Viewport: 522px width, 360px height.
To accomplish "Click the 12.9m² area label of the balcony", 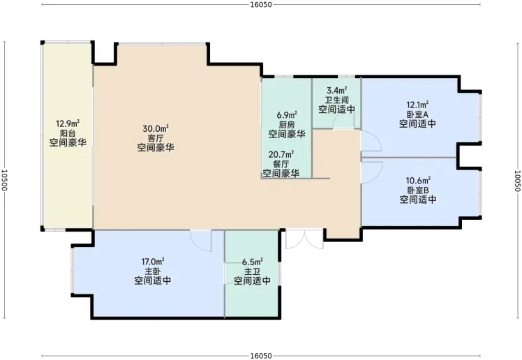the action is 68,123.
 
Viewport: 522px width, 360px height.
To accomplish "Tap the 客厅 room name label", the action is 156,138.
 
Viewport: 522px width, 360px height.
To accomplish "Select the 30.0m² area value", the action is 156,128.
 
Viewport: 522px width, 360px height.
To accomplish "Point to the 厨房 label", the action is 287,125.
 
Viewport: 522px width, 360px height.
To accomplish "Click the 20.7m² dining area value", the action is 281,154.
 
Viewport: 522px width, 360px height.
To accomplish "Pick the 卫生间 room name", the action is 336,100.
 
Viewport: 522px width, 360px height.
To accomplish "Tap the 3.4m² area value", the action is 337,90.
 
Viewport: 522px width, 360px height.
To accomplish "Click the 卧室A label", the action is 417,114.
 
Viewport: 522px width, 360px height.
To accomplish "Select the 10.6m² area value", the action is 418,181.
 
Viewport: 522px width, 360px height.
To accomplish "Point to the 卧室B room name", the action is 418,190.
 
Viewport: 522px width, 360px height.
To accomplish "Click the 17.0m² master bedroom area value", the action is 153,262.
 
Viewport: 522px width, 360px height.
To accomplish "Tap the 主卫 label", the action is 252,271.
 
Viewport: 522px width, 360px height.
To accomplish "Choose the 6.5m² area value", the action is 253,262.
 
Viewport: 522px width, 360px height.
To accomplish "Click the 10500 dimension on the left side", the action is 4,180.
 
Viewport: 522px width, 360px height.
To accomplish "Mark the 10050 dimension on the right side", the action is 517,181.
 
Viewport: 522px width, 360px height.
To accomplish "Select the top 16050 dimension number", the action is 261,4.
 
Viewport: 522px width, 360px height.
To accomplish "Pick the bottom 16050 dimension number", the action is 261,356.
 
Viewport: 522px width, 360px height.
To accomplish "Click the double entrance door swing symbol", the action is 304,239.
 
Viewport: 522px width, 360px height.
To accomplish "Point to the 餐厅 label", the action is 281,164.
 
